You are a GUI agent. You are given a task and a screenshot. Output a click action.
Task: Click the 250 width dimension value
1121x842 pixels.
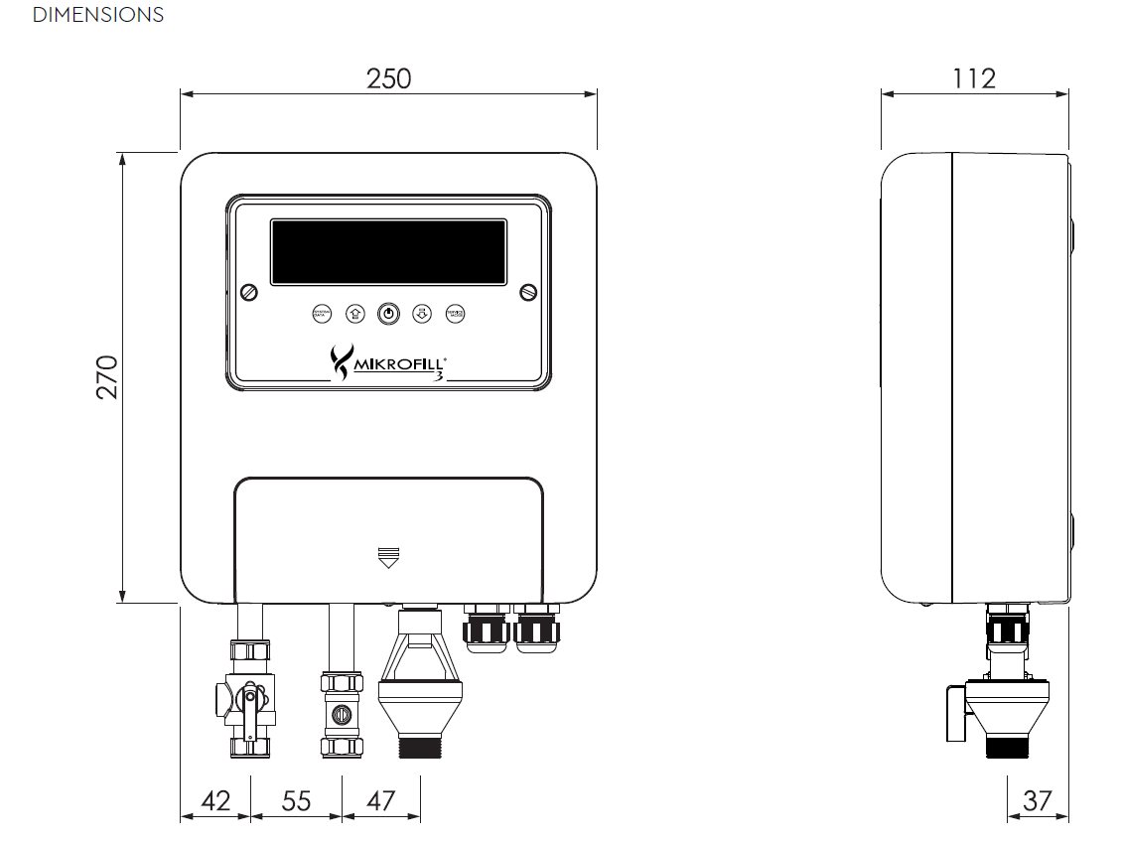[388, 78]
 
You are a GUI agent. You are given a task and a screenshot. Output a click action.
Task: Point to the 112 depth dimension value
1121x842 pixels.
[973, 78]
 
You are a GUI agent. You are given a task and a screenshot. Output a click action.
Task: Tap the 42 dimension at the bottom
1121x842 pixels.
[215, 800]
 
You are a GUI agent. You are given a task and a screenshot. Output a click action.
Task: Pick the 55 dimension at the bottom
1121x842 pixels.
[296, 800]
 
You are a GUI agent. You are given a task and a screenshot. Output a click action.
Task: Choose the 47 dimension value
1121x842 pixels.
[380, 800]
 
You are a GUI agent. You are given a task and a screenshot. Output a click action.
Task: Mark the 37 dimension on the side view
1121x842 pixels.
[1037, 800]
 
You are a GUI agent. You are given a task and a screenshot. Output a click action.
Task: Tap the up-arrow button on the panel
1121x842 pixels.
[354, 314]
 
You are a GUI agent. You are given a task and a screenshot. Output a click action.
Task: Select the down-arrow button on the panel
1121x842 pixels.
[422, 314]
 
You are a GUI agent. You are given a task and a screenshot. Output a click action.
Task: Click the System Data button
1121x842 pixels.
[321, 314]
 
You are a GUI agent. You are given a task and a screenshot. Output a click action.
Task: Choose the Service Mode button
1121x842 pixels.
[455, 314]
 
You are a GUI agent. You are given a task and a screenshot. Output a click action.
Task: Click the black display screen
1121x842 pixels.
[388, 252]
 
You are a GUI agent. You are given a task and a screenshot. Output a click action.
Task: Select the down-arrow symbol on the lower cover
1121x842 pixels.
[388, 556]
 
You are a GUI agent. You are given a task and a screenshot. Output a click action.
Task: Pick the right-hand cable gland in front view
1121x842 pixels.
[537, 628]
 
